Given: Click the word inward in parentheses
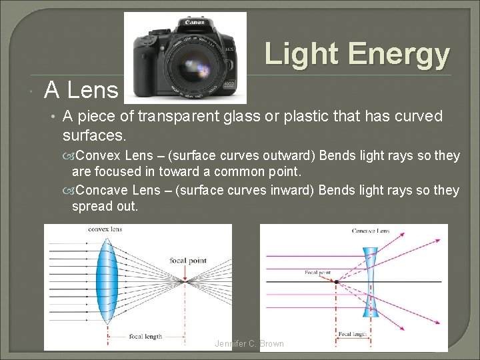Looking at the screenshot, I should pyautogui.click(x=292, y=190).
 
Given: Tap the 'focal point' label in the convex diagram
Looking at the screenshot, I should pyautogui.click(x=188, y=261).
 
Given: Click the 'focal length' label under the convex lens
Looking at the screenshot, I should pyautogui.click(x=145, y=336).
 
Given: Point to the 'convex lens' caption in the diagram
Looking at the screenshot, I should pyautogui.click(x=105, y=229).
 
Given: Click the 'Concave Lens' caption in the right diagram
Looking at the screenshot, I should pyautogui.click(x=371, y=231).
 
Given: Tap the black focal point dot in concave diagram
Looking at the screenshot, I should pyautogui.click(x=337, y=282).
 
